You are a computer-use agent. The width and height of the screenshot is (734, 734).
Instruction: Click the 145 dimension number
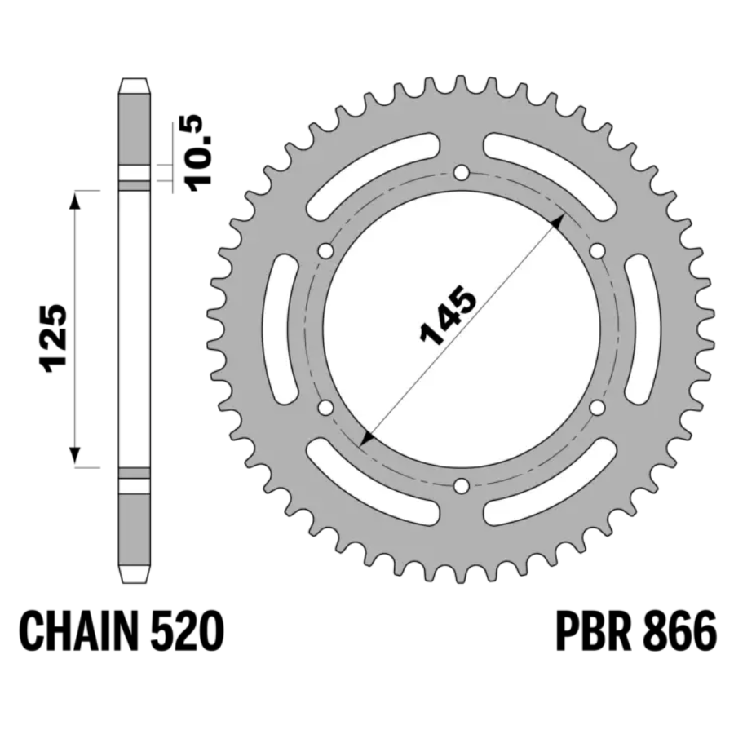click(x=448, y=315)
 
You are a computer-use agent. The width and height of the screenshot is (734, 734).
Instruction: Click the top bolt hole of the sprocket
click(x=462, y=173)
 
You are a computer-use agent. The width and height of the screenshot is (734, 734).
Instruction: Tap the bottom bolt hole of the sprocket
click(x=462, y=486)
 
